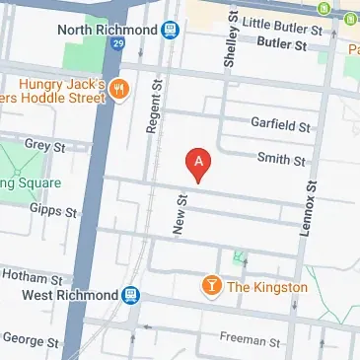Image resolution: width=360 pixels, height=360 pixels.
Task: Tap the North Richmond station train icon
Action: coord(171,31)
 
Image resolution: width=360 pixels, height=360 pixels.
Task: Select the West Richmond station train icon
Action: coord(130,295)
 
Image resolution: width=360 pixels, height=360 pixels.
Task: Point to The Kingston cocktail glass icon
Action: coord(210,287)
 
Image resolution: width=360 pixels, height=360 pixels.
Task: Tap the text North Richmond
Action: coord(109,30)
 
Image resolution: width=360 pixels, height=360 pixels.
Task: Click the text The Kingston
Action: coord(267,287)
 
